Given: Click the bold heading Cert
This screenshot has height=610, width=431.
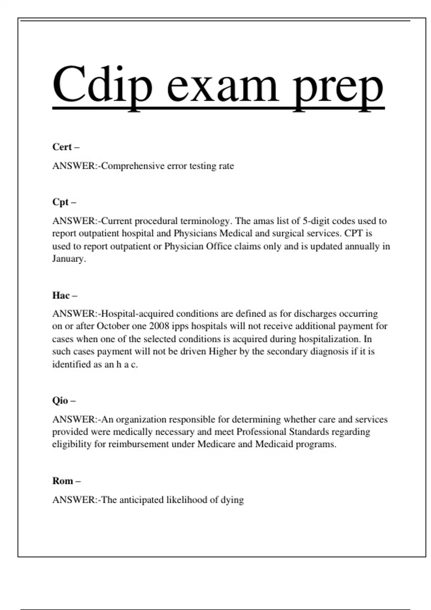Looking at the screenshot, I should point(62,147).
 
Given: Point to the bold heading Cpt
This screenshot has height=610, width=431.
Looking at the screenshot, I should point(60,202).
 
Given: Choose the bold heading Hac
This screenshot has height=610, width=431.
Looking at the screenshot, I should point(61,295).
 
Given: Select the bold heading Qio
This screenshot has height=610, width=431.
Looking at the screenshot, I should point(60,400).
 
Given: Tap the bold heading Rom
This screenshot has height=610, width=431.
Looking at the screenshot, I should point(63,481).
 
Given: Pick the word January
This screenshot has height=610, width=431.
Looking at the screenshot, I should point(69,259).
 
